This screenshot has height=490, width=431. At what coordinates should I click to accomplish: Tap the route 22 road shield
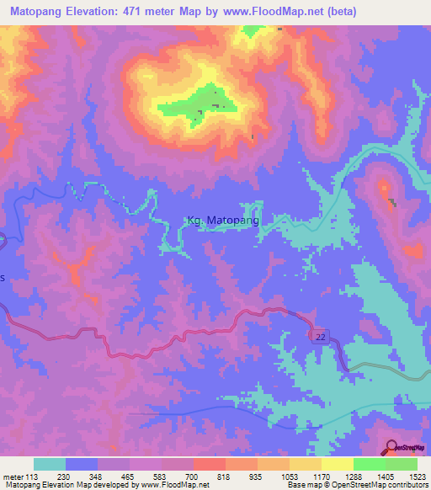320,336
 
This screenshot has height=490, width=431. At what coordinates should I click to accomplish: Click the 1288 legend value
354,474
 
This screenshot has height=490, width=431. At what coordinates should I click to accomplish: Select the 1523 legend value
418,474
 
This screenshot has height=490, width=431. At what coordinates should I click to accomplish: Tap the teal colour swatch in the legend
50,463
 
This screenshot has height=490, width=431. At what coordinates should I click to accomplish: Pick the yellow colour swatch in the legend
337,463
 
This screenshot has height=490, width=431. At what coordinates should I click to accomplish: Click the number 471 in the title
137,11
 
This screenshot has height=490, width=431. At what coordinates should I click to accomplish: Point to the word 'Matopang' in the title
39,11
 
